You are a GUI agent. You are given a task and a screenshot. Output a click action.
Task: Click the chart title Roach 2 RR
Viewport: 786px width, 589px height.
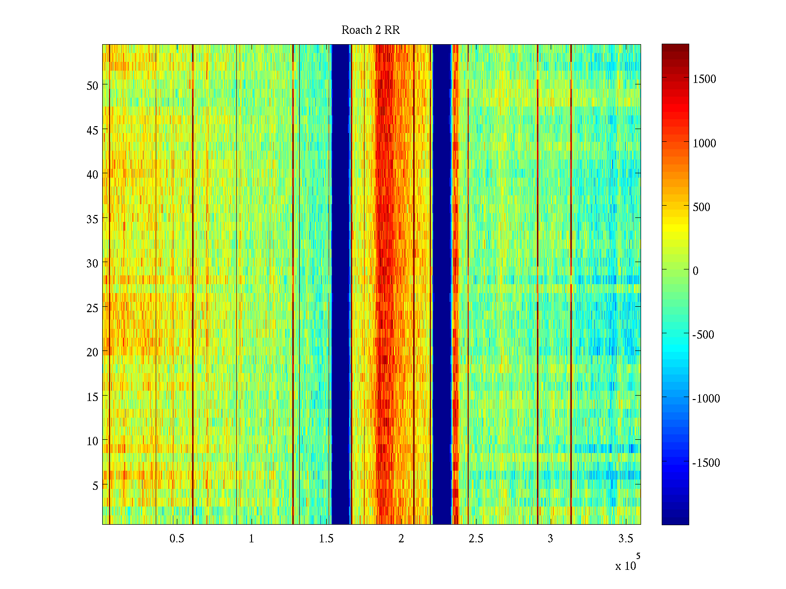[x=370, y=30]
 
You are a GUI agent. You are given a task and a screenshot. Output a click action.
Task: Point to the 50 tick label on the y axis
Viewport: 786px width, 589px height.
[x=92, y=85]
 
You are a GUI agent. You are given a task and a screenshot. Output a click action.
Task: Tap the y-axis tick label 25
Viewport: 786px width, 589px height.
[x=92, y=308]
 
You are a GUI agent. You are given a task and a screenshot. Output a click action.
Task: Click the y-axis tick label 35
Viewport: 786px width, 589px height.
[x=92, y=219]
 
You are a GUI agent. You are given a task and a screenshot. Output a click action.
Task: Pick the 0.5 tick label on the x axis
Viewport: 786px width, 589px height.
[x=177, y=539]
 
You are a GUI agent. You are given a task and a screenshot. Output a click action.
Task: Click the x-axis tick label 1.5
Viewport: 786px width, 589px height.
[x=326, y=539]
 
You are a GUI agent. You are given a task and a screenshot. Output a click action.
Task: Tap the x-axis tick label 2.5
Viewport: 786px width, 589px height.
[x=476, y=539]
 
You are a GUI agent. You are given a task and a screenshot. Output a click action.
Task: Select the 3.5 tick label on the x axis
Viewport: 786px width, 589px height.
[x=625, y=539]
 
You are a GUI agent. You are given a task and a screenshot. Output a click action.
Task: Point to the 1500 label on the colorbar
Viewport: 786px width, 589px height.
[x=704, y=80]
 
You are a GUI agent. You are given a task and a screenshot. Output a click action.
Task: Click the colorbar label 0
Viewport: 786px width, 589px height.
[x=695, y=271]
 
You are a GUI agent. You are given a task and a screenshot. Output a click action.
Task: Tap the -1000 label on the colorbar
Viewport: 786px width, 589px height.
[x=706, y=399]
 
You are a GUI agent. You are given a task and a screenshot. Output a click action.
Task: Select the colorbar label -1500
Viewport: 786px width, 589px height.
[x=706, y=463]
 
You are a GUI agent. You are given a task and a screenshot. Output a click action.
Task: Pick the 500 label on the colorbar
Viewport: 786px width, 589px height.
[x=702, y=207]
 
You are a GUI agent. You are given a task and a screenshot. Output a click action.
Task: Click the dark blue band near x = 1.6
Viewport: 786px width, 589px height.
[x=340, y=285]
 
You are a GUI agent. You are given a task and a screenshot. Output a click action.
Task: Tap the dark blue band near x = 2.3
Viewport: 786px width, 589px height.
[x=442, y=285]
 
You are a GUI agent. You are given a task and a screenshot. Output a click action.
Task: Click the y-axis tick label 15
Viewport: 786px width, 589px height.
[x=92, y=397]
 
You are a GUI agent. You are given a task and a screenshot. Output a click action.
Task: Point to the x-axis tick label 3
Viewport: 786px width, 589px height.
[x=550, y=539]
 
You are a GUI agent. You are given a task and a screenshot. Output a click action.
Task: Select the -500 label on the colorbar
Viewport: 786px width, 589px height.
[x=703, y=335]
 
